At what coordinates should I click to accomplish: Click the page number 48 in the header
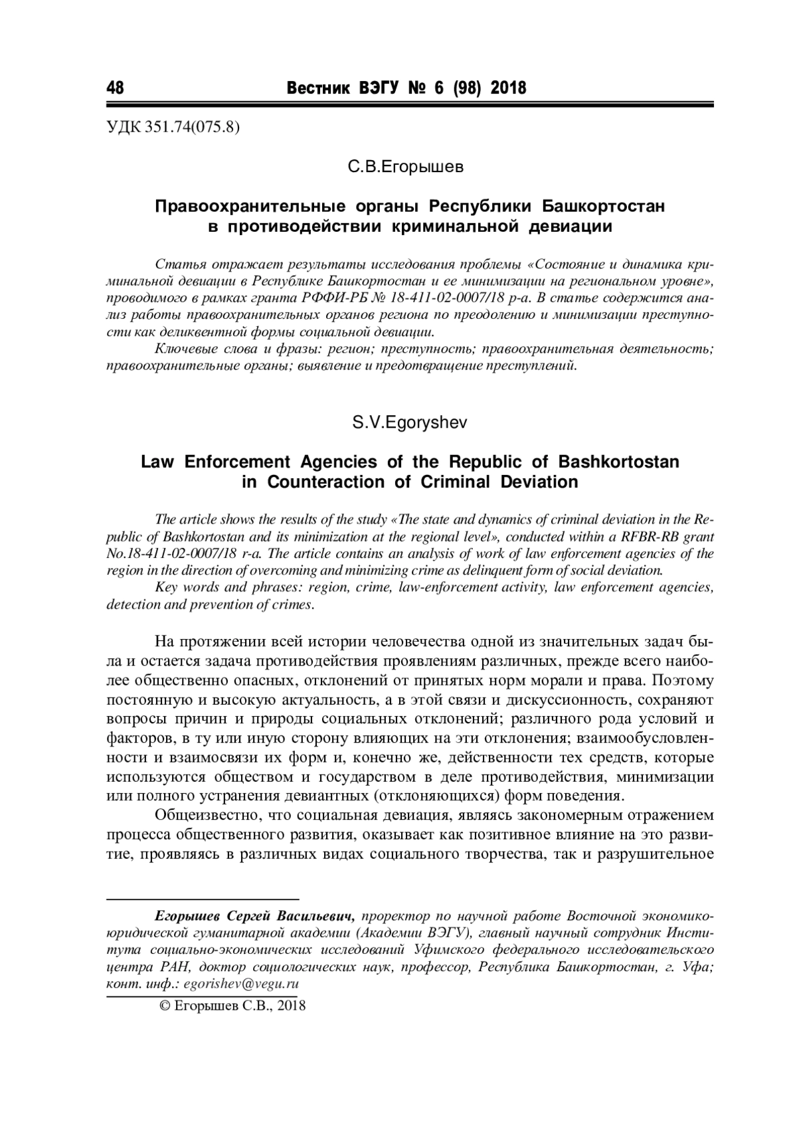[116, 88]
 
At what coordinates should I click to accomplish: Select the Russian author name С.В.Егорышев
[406, 167]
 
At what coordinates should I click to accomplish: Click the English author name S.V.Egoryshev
[409, 423]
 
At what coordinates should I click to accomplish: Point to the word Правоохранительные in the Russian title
[238, 206]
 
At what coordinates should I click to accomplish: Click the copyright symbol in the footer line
[165, 1006]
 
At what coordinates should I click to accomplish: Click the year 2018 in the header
[508, 88]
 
